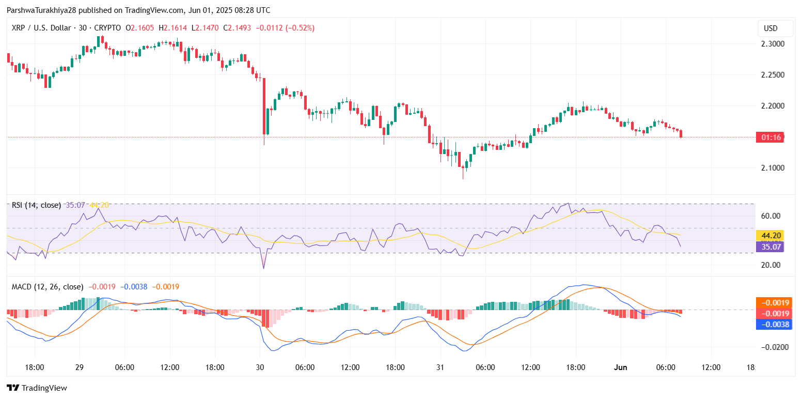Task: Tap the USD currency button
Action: coord(770,28)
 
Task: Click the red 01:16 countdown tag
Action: coord(769,137)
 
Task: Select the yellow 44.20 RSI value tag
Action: coord(769,236)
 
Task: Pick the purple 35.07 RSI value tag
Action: coord(769,247)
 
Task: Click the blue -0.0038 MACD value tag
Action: coord(769,325)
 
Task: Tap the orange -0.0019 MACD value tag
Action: coord(769,303)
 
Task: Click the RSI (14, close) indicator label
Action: coord(36,205)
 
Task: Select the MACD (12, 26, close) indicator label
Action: coord(48,286)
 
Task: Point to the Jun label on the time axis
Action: coord(620,367)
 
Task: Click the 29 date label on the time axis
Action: coord(79,367)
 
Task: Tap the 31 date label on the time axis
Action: coord(440,367)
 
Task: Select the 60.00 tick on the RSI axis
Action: coord(769,216)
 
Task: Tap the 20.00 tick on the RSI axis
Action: coord(769,265)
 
